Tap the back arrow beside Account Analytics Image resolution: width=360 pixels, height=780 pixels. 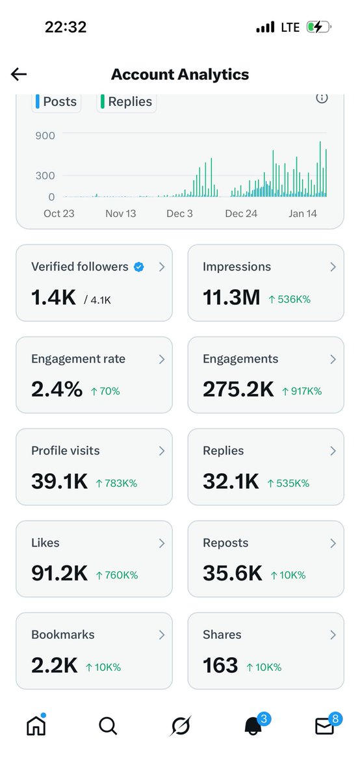[19, 74]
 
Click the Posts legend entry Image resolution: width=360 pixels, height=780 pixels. [57, 101]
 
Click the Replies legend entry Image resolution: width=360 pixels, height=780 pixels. [126, 101]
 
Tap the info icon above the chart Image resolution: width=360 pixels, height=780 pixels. [322, 97]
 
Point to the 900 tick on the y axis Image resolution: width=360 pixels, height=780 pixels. [45, 136]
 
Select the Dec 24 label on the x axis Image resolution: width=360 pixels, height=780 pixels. [241, 213]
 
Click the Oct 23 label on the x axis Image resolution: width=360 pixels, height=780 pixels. [59, 213]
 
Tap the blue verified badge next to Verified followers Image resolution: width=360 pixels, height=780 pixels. [138, 266]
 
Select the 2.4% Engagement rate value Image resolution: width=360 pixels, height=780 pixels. [57, 389]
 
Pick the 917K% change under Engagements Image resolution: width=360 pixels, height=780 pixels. [302, 391]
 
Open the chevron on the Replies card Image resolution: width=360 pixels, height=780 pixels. [333, 450]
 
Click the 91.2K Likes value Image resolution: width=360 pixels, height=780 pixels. [59, 573]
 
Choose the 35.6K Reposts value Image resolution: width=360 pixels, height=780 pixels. [232, 573]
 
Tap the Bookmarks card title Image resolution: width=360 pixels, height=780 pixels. [63, 634]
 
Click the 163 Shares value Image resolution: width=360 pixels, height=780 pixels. [220, 665]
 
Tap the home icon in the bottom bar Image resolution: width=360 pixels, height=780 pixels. [36, 725]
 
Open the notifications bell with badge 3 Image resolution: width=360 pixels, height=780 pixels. [253, 725]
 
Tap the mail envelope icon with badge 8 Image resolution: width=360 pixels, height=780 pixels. [324, 725]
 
